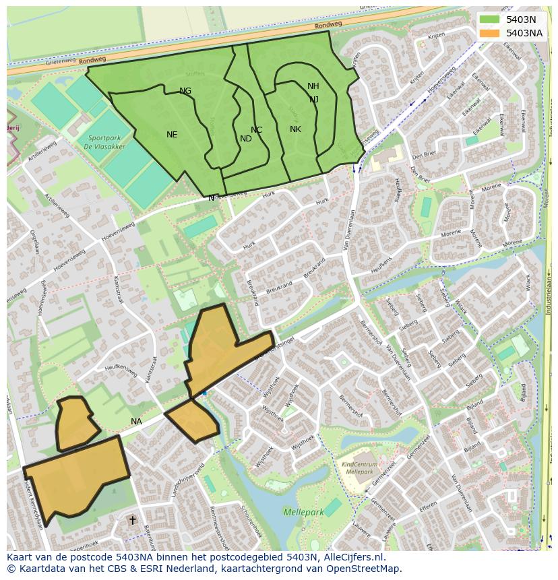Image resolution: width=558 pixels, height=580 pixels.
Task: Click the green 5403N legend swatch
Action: pyautogui.click(x=490, y=20)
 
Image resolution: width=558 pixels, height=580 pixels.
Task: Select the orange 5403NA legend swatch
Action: pyautogui.click(x=490, y=32)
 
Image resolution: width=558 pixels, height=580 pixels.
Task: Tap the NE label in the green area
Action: pyautogui.click(x=172, y=135)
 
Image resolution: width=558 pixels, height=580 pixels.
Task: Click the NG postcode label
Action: pyautogui.click(x=185, y=91)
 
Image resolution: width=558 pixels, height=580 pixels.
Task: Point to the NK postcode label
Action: pyautogui.click(x=295, y=129)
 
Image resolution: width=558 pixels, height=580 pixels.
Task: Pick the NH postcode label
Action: pyautogui.click(x=313, y=86)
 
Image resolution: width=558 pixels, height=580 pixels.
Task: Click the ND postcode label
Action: pyautogui.click(x=246, y=139)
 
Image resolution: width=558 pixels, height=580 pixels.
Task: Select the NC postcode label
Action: pyautogui.click(x=256, y=130)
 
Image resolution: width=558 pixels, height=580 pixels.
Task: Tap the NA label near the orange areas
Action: pyautogui.click(x=137, y=422)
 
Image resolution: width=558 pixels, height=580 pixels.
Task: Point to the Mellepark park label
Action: pyautogui.click(x=303, y=513)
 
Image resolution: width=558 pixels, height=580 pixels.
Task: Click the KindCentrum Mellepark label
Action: pyautogui.click(x=359, y=468)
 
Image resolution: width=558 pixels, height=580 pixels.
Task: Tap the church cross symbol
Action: pyautogui.click(x=132, y=520)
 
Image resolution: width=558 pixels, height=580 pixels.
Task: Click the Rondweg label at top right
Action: pyautogui.click(x=328, y=24)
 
